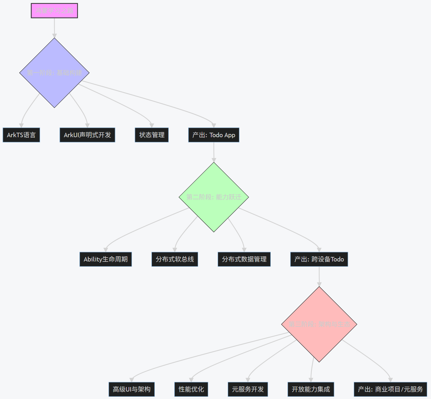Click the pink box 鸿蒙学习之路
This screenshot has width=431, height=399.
54,11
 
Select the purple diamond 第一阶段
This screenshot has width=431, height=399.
54,73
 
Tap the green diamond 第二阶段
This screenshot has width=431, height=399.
214,197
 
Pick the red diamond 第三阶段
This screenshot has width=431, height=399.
319,324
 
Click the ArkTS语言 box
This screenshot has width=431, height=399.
21,135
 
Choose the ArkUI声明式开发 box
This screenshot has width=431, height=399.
87,135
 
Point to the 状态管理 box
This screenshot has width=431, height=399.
152,135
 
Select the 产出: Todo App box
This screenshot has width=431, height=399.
214,135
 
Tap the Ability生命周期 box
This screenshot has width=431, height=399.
106,259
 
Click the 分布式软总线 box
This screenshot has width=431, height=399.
175,259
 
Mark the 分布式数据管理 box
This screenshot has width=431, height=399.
244,259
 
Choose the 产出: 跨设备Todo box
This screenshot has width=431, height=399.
319,259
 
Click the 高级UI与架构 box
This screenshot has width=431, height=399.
131,389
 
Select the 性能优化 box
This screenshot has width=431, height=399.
191,389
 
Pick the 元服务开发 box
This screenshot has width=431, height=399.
248,389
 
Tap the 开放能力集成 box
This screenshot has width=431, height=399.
311,389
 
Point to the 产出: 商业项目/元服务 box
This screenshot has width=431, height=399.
390,389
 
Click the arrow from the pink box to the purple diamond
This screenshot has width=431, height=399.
54,28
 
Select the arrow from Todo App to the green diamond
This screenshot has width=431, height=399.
214,152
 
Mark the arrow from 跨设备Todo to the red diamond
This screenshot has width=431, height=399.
319,276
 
